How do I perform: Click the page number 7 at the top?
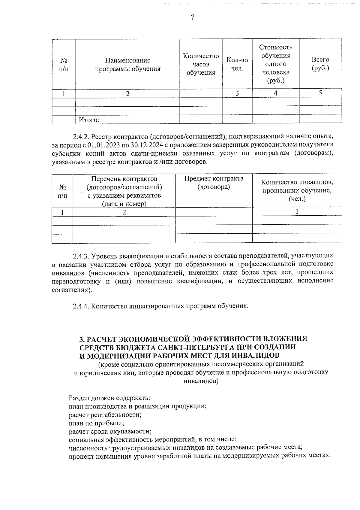point(193,17)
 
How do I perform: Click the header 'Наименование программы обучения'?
point(127,65)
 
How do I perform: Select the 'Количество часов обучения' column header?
point(201,64)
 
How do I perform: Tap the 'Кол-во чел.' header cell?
point(237,64)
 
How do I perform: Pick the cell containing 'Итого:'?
point(89,120)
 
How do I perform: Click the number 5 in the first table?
point(320,93)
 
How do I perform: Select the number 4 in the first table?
point(275,93)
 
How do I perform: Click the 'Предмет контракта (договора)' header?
point(214,183)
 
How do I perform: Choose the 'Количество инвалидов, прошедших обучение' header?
point(297,190)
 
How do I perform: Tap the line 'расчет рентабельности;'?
point(105,415)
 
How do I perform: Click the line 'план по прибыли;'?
point(96,423)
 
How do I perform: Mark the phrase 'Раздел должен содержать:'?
point(109,398)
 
